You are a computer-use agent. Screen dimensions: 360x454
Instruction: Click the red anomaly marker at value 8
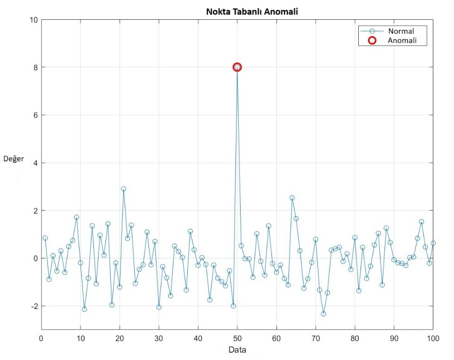point(237,67)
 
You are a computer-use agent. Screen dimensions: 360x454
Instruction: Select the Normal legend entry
point(401,31)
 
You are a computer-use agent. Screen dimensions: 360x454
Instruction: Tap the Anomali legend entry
point(402,40)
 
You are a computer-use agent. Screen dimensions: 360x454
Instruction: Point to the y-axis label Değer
point(14,159)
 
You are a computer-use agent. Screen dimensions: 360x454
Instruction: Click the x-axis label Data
point(237,350)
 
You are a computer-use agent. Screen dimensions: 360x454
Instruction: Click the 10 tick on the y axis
point(33,20)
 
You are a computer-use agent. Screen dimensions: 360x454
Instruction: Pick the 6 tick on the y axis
point(35,115)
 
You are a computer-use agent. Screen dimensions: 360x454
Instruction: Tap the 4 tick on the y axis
point(35,163)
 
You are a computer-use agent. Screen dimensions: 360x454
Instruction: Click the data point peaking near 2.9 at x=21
point(123,189)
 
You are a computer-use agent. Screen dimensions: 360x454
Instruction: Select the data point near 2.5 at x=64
point(292,198)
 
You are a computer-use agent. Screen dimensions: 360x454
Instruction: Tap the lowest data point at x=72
point(323,314)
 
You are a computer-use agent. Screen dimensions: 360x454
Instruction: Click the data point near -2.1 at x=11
point(84,309)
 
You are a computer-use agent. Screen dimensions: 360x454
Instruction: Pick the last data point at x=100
point(433,243)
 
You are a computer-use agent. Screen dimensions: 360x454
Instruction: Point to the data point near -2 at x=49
point(233,306)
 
